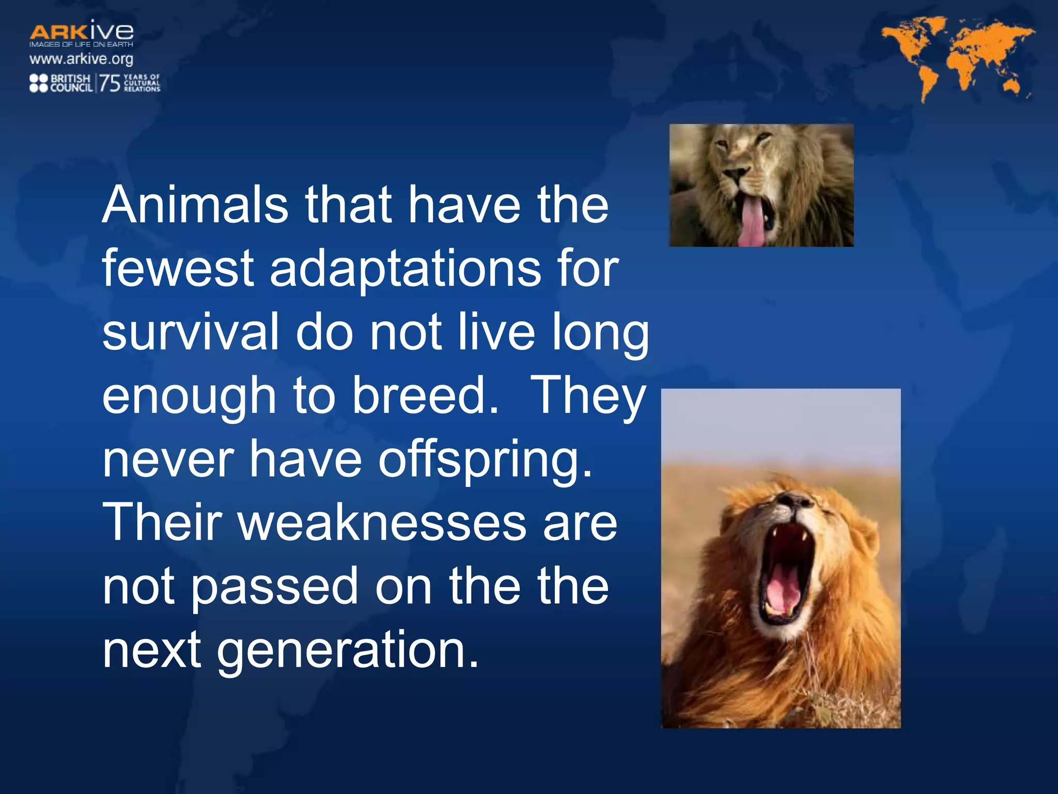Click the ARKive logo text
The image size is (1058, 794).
coord(81,32)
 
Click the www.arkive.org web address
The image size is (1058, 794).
coord(81,59)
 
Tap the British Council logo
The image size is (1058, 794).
coord(61,83)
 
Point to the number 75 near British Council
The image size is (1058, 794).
coord(109,83)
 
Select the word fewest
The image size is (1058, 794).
coord(178,268)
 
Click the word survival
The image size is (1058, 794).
coord(191,332)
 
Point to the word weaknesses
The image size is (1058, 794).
coord(381,523)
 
